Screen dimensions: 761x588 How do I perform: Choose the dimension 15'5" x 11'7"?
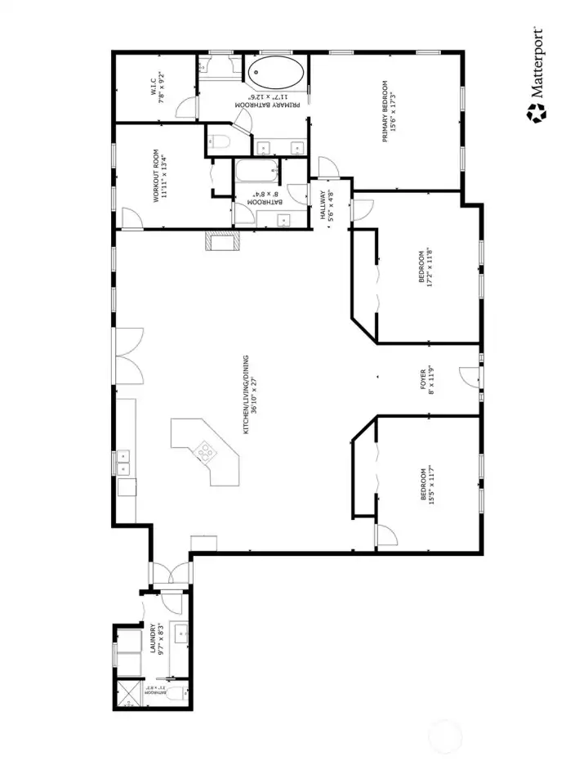[430, 487]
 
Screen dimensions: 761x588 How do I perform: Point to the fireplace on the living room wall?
[222, 240]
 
